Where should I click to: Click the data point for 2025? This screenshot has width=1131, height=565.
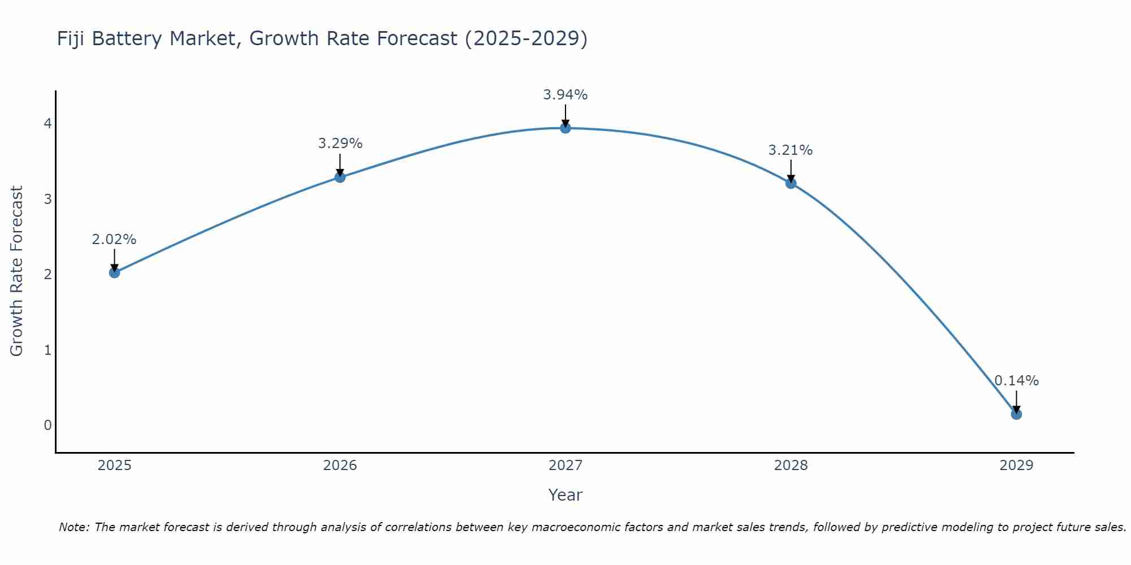pyautogui.click(x=114, y=273)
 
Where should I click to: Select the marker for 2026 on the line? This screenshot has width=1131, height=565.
pyautogui.click(x=340, y=177)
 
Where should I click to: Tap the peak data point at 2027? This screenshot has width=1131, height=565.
pyautogui.click(x=565, y=128)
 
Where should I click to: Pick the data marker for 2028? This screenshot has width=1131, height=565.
pyautogui.click(x=791, y=183)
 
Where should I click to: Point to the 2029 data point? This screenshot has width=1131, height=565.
pyautogui.click(x=1016, y=414)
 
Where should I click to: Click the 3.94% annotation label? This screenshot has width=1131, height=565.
pyautogui.click(x=565, y=95)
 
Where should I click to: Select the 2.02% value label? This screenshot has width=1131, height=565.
pyautogui.click(x=114, y=240)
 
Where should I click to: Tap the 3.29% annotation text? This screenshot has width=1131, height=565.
pyautogui.click(x=340, y=144)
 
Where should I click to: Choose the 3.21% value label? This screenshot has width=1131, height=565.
pyautogui.click(x=790, y=150)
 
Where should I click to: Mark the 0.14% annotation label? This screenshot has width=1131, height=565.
pyautogui.click(x=1016, y=381)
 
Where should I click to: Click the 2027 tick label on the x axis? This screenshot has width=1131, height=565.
pyautogui.click(x=565, y=466)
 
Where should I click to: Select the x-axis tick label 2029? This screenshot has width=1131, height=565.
pyautogui.click(x=1016, y=466)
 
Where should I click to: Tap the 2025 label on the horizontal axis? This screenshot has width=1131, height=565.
pyautogui.click(x=114, y=466)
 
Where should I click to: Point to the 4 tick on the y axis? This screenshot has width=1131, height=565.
pyautogui.click(x=48, y=123)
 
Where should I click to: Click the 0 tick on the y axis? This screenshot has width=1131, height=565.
pyautogui.click(x=48, y=425)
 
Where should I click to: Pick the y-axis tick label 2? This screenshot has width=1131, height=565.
pyautogui.click(x=48, y=274)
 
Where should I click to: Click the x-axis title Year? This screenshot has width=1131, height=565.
pyautogui.click(x=565, y=495)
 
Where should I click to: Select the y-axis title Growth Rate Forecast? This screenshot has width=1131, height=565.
pyautogui.click(x=17, y=271)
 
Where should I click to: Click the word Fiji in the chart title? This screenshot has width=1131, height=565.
pyautogui.click(x=71, y=38)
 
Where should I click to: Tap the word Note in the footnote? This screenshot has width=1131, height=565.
pyautogui.click(x=74, y=527)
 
